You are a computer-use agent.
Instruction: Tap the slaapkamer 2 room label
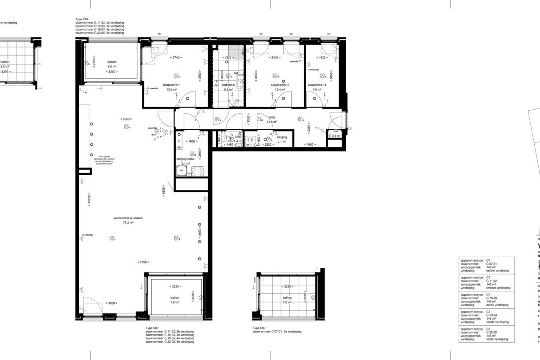pyautogui.click(x=280, y=85)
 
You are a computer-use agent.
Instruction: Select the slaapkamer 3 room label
pyautogui.click(x=317, y=85)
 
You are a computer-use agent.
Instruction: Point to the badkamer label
pyautogui.click(x=228, y=85)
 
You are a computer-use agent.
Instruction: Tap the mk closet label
pyautogui.click(x=336, y=131)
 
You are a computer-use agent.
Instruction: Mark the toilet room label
pyautogui.click(x=238, y=137)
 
